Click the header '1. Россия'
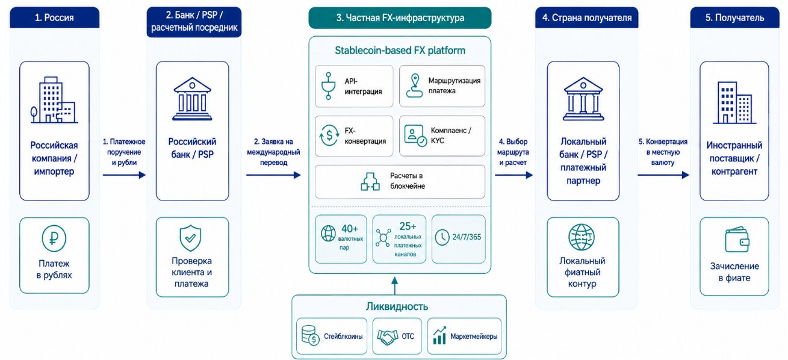coord(55,17)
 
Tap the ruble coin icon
coord(54,238)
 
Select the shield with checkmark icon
coord(190,238)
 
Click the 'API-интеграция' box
coord(354,86)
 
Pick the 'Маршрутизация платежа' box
coord(442,86)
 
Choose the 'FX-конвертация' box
coord(354,136)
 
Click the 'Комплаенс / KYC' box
coord(442,136)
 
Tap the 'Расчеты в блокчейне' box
coord(400,182)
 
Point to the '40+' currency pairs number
coord(350,229)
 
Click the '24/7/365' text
coord(467,237)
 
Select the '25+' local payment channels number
coord(408,226)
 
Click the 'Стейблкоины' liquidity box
coord(331,337)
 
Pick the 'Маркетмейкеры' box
coord(464,337)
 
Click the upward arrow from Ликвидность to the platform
coord(395,285)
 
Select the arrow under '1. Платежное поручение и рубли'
coord(124,175)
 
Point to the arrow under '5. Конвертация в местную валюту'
coord(663,175)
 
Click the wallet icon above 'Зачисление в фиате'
coord(737,239)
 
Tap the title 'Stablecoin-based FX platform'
coord(400,51)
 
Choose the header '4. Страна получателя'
coord(587,17)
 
